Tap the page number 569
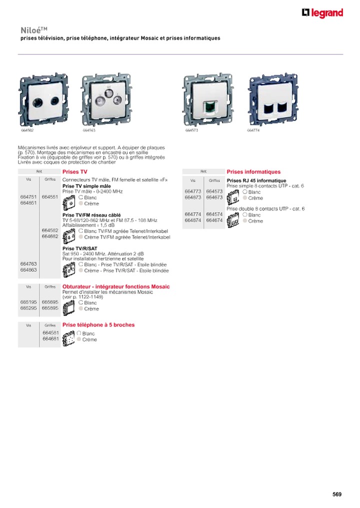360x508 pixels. pyautogui.click(x=337, y=494)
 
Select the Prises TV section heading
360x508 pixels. pyautogui.click(x=74, y=171)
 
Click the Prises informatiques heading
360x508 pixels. pyautogui.click(x=253, y=171)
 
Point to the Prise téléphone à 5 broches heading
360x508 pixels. pyautogui.click(x=98, y=324)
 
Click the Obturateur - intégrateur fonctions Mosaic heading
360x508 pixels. pyautogui.click(x=115, y=286)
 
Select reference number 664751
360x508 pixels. pyautogui.click(x=28, y=197)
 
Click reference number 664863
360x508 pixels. pyautogui.click(x=28, y=270)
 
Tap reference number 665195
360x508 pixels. pyautogui.click(x=28, y=302)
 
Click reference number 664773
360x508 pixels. pyautogui.click(x=192, y=191)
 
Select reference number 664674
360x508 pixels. pyautogui.click(x=214, y=220)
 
